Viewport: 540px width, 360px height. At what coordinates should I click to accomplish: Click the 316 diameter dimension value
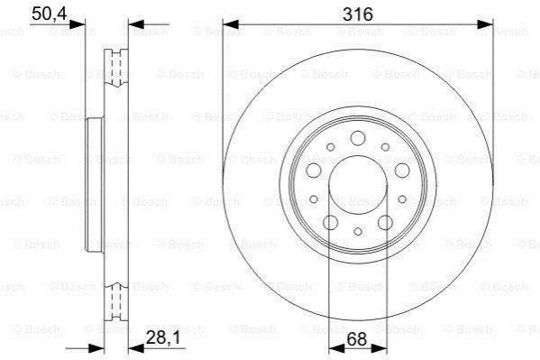tap(358, 14)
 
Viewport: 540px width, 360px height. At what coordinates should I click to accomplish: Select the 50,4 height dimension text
tap(50, 14)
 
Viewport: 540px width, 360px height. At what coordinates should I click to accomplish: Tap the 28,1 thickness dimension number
tap(163, 337)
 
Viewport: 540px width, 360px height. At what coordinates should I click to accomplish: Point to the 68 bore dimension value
tap(357, 339)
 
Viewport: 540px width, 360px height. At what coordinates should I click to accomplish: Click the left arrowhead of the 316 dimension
tap(231, 24)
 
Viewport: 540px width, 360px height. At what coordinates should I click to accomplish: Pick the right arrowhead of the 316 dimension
tap(485, 24)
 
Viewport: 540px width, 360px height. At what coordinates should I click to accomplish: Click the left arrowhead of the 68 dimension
tap(336, 348)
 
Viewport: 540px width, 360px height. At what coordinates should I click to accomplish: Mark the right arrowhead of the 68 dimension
tap(380, 348)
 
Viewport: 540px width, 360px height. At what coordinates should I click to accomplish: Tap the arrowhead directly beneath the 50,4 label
tap(78, 24)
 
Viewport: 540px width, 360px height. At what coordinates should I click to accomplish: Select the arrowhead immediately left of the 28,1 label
tap(136, 348)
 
